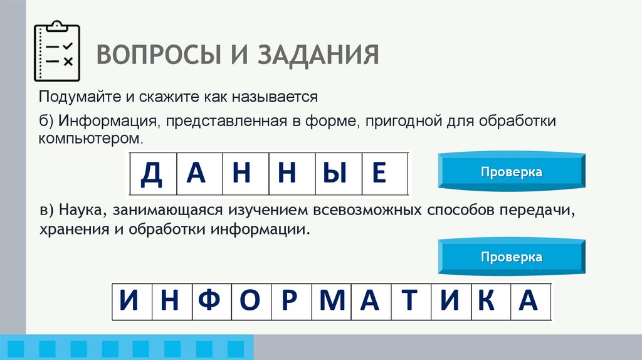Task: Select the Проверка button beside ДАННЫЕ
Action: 512,172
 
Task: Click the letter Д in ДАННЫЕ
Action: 152,173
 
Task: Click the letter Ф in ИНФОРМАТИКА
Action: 210,302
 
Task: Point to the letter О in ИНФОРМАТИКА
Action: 250,302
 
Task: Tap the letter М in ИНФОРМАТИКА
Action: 332,302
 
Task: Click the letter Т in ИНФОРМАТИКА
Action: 410,302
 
